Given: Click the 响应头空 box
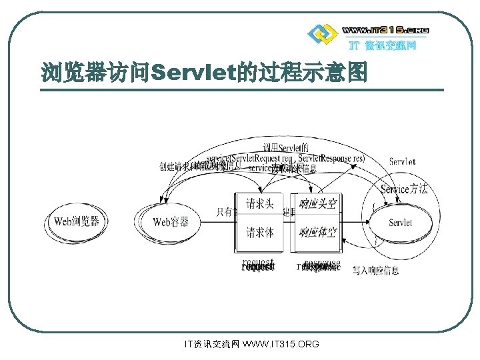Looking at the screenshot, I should coord(317,204).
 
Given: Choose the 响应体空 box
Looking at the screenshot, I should coord(317,233).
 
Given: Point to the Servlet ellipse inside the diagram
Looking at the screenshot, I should coord(400,223).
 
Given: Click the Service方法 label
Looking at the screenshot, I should coord(404,189).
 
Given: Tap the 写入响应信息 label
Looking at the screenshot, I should coord(376,271).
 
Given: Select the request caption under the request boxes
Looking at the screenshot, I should coord(258,265).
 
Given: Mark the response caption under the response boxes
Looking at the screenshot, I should coord(319,265).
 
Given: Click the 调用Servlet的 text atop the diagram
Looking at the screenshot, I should coord(286,147).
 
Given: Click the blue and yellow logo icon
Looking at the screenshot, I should coord(321,33).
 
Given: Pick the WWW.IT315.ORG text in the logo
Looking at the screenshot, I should coord(385,30).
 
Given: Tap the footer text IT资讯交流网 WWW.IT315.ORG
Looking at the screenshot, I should coord(251,344).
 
